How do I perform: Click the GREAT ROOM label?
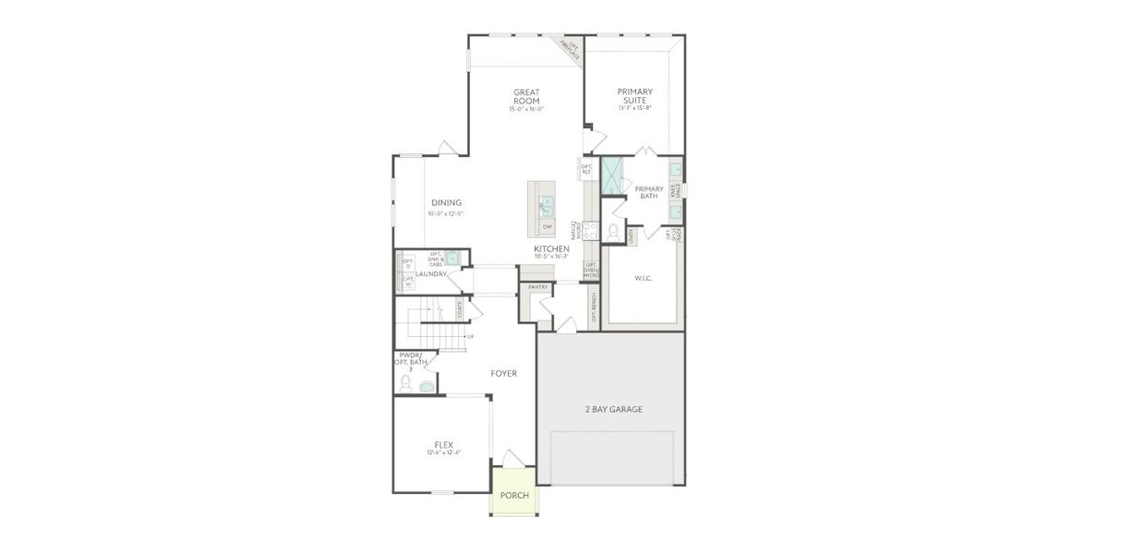(x=526, y=96)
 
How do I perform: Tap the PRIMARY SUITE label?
(x=635, y=96)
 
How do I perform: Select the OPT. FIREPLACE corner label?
(x=573, y=50)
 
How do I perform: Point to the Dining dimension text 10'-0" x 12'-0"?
(x=445, y=214)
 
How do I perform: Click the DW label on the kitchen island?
(x=547, y=226)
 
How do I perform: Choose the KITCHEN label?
(x=551, y=248)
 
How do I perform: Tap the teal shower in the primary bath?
(x=612, y=176)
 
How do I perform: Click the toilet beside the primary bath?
(x=613, y=230)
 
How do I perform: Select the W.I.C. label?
(x=643, y=278)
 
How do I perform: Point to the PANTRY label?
(x=537, y=287)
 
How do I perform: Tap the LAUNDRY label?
(x=431, y=274)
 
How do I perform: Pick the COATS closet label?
(x=460, y=311)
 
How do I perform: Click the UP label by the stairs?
(x=471, y=336)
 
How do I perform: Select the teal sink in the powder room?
(x=427, y=387)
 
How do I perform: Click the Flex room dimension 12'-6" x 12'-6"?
(x=443, y=453)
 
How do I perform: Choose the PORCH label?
(x=514, y=496)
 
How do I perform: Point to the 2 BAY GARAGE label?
(x=613, y=409)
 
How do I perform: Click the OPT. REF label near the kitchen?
(x=585, y=169)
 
